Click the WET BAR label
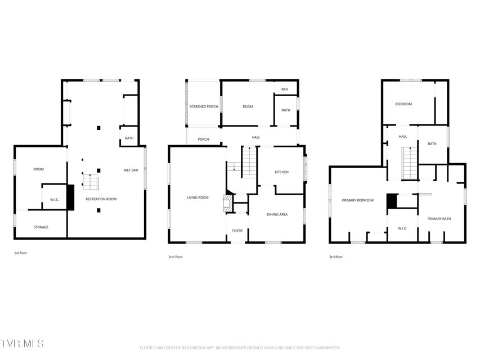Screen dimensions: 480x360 131,170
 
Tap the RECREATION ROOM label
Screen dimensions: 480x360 101,199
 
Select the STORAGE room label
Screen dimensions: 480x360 41,227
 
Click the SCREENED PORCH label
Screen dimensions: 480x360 204,106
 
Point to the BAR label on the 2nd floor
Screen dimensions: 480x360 284,89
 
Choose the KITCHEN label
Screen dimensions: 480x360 281,172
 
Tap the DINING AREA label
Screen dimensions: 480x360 277,214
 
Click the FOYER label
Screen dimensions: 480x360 237,231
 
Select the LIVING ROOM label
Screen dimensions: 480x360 198,197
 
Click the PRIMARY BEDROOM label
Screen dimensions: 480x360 357,200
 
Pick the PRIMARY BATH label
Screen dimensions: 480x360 439,219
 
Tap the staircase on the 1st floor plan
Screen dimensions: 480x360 90,181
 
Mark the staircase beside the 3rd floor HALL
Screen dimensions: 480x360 410,163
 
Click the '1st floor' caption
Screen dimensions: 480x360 20,253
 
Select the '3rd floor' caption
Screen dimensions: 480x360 336,257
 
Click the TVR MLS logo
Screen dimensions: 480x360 22,343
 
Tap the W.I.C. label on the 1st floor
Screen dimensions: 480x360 55,200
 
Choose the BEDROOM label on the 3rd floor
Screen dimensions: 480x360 403,104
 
